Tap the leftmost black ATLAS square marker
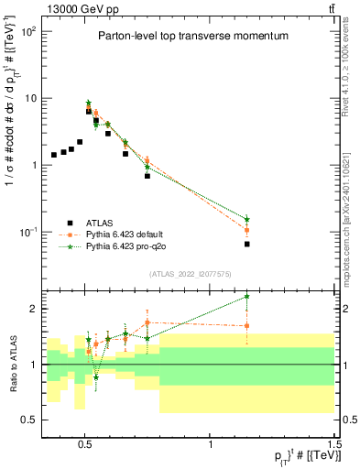[54, 155]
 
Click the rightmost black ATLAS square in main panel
[247, 244]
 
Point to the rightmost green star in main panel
[247, 219]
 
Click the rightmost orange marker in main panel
[247, 230]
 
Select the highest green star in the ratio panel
[247, 297]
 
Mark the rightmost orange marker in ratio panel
[247, 325]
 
